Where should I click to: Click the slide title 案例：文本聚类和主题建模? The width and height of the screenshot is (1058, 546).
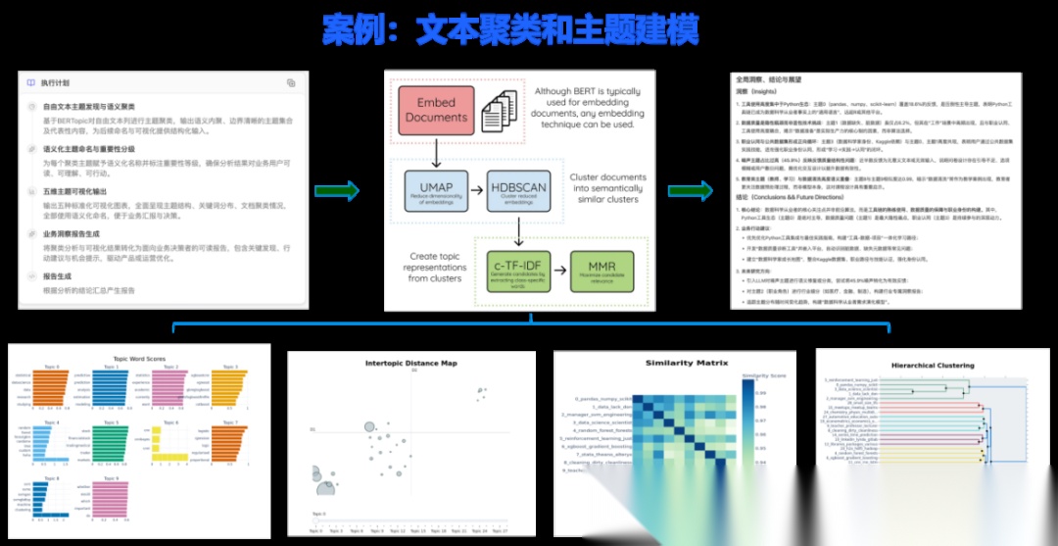click(x=510, y=30)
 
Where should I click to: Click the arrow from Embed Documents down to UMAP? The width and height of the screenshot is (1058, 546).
click(x=435, y=150)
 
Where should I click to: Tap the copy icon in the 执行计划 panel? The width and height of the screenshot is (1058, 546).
click(x=291, y=83)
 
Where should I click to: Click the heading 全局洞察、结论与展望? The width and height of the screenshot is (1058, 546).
click(x=775, y=78)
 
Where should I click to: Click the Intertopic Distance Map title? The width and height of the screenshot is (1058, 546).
click(x=411, y=364)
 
